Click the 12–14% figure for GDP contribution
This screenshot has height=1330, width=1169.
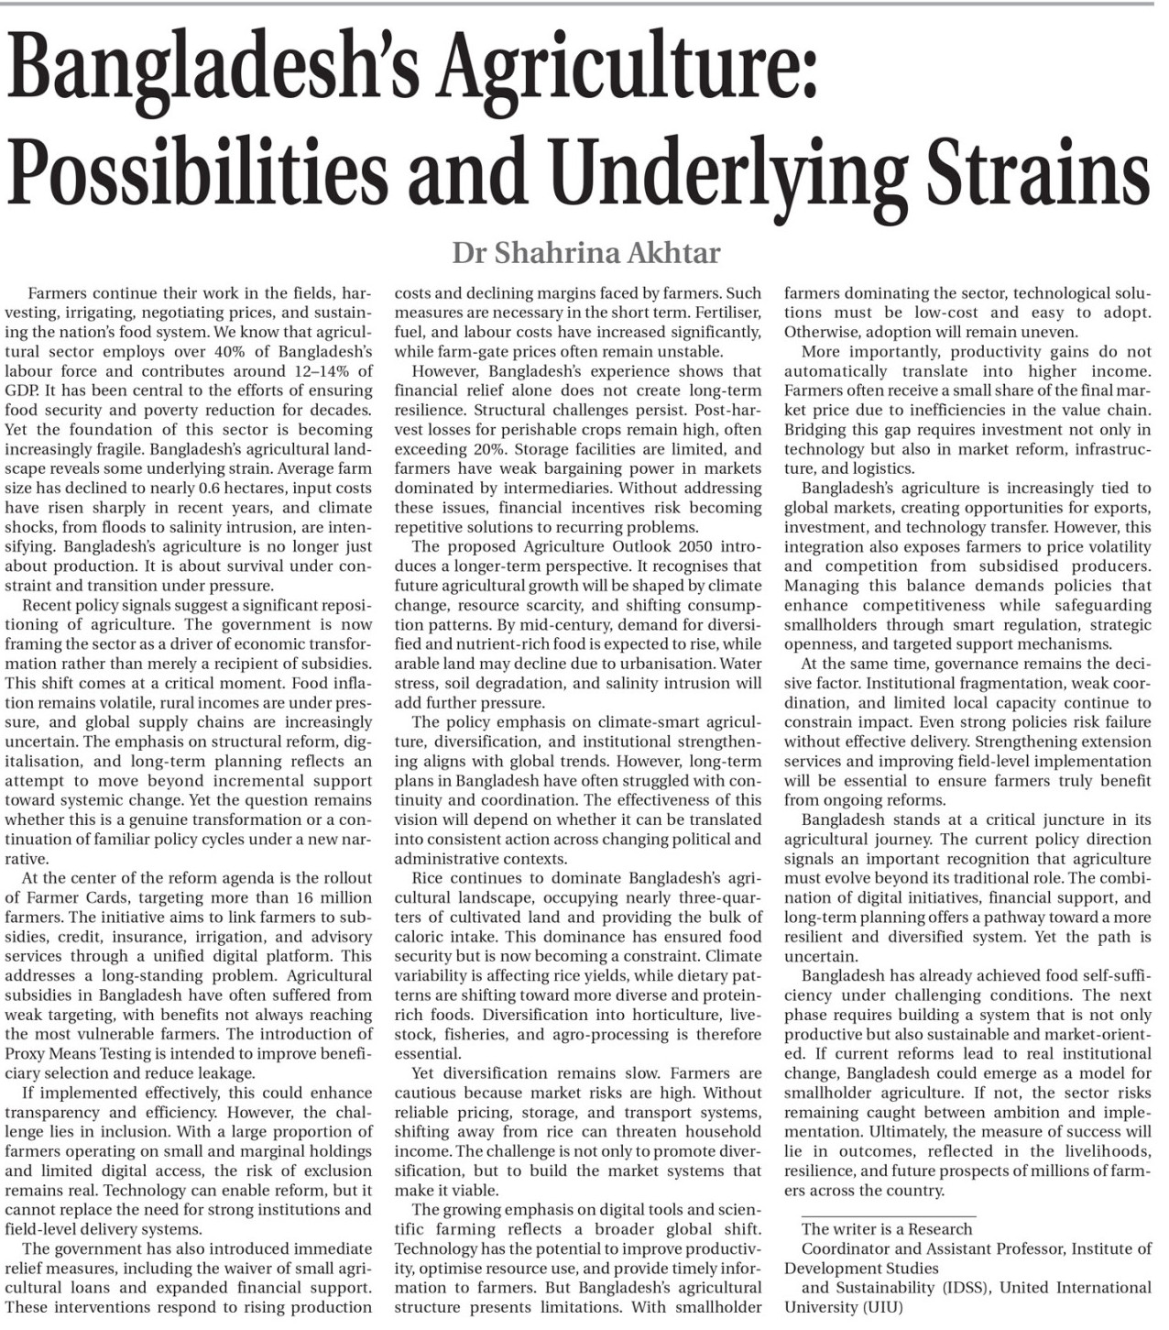322,371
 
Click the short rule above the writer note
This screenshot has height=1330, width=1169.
887,1215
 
